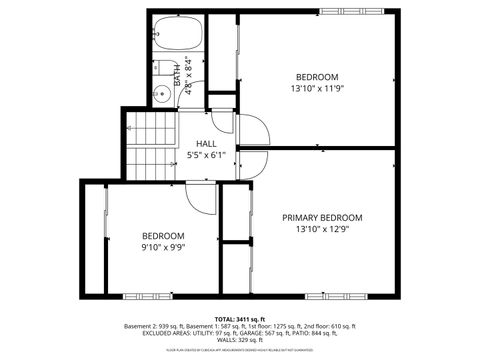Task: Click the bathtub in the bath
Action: tap(178, 34)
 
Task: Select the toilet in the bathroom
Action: tap(161, 69)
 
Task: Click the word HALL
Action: tap(205, 144)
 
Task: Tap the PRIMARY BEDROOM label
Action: tap(322, 217)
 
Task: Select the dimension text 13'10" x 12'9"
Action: tap(322, 230)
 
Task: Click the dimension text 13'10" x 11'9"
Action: tap(316, 89)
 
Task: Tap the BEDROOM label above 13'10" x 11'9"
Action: tap(316, 77)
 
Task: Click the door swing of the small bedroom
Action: tap(204, 199)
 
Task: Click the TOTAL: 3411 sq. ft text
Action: tap(239, 318)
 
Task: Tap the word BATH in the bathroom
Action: tap(178, 74)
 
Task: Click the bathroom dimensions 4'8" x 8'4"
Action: tap(187, 74)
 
